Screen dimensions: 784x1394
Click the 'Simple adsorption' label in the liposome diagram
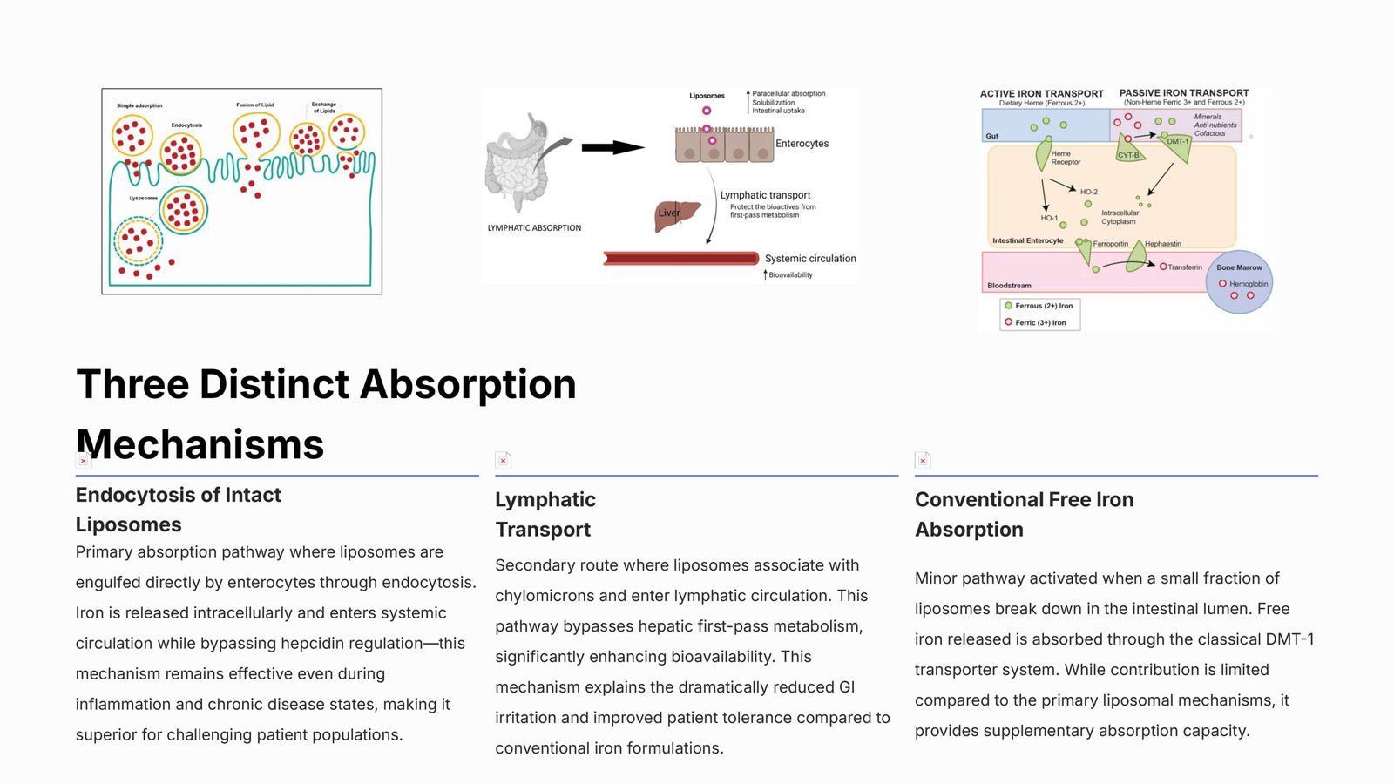(x=139, y=105)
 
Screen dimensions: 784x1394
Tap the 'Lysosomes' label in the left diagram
(x=144, y=199)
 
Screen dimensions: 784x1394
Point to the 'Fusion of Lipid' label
(x=254, y=105)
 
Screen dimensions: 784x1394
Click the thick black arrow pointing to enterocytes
(x=612, y=147)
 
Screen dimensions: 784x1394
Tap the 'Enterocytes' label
(x=802, y=144)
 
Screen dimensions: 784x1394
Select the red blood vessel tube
(x=680, y=259)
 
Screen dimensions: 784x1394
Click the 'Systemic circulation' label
(x=810, y=259)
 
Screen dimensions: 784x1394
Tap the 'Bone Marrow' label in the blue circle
(x=1239, y=267)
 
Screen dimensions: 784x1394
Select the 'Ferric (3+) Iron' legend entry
(x=1039, y=322)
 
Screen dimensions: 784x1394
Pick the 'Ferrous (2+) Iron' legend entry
(x=1043, y=306)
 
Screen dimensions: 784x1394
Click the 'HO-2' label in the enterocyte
(x=1088, y=192)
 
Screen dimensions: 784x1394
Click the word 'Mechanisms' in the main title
(x=200, y=444)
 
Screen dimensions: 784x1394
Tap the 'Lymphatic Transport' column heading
(x=545, y=514)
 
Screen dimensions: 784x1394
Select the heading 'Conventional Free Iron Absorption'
(x=1024, y=514)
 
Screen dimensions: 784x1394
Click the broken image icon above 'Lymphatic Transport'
(x=503, y=460)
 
